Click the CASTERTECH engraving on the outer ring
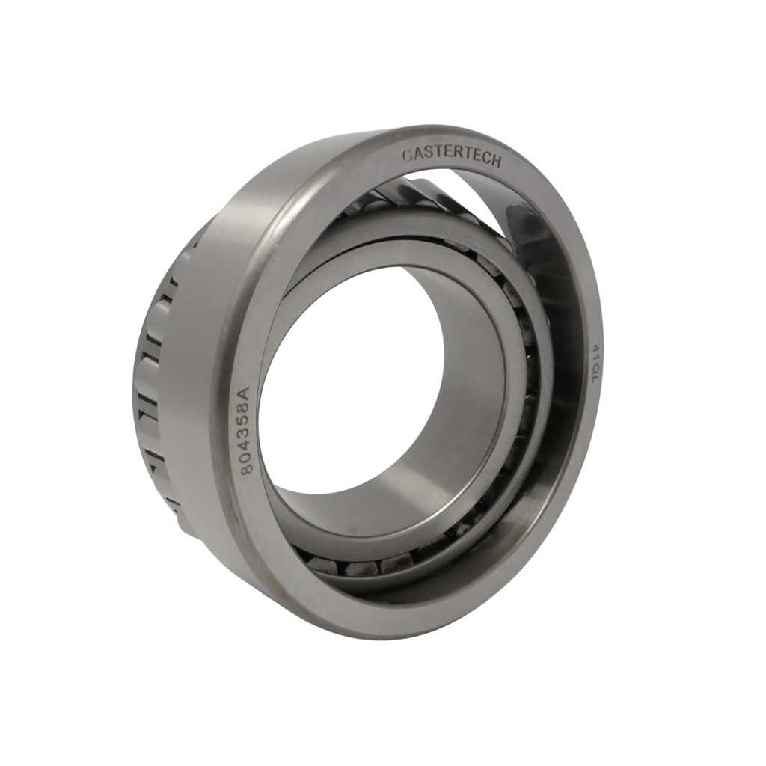pyautogui.click(x=452, y=157)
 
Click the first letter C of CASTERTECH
pyautogui.click(x=406, y=156)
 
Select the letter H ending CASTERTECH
pyautogui.click(x=497, y=162)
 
